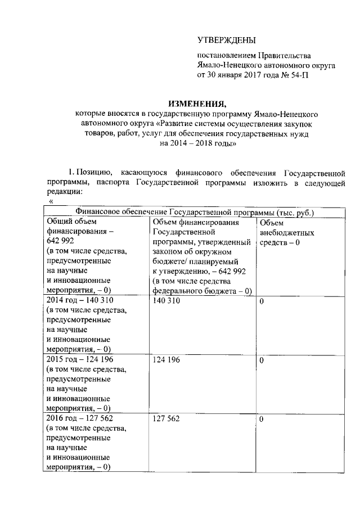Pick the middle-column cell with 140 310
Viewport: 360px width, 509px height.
coord(166,301)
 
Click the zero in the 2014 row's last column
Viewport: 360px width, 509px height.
coord(262,301)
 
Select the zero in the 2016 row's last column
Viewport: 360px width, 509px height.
coord(262,420)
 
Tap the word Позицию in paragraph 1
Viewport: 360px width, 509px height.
coord(93,171)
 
